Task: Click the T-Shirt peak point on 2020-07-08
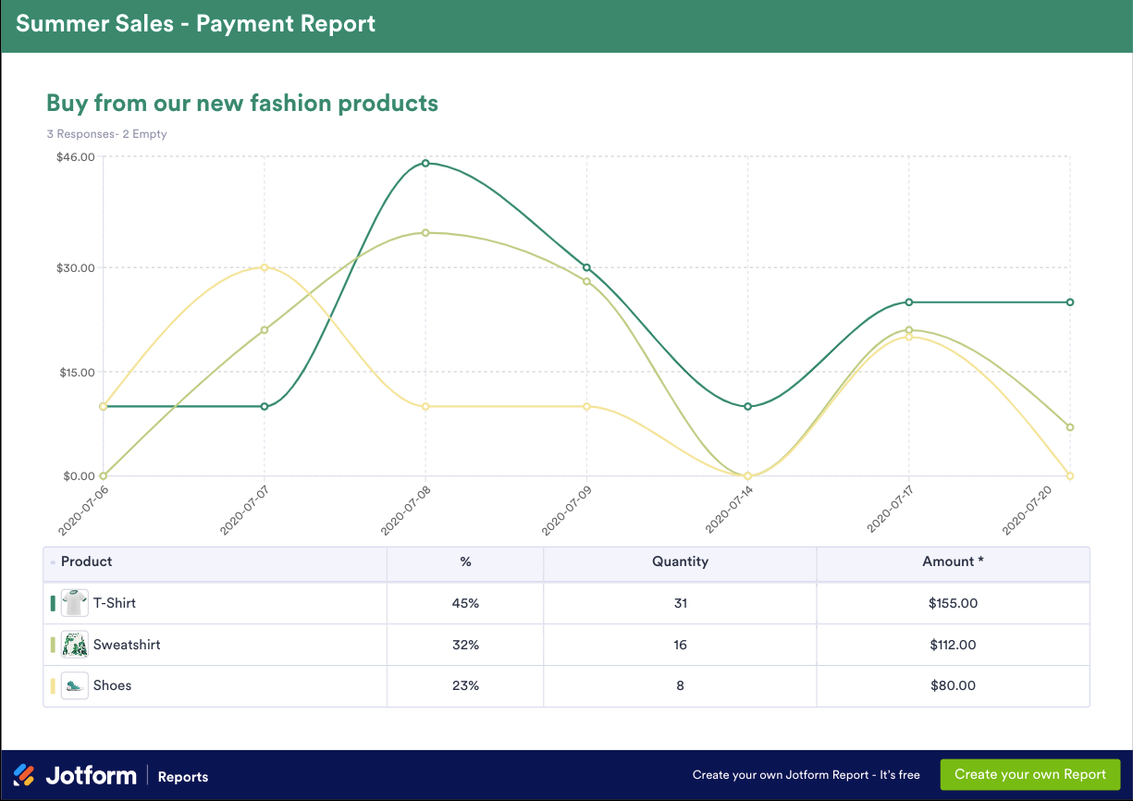425,164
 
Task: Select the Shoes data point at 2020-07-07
265,267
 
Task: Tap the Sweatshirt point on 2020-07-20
1070,427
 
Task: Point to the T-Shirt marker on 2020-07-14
747,406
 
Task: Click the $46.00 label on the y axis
76,157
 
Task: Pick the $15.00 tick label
76,372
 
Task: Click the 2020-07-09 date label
566,510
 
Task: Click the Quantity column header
680,561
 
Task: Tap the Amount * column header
953,561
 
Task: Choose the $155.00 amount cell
953,603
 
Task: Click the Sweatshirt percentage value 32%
465,645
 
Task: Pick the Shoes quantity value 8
680,685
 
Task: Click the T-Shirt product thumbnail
74,603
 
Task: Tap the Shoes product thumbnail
74,685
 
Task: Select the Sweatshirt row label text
127,645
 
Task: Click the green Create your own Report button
1030,774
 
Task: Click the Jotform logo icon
24,775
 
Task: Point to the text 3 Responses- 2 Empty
106,134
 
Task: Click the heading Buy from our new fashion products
242,103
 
